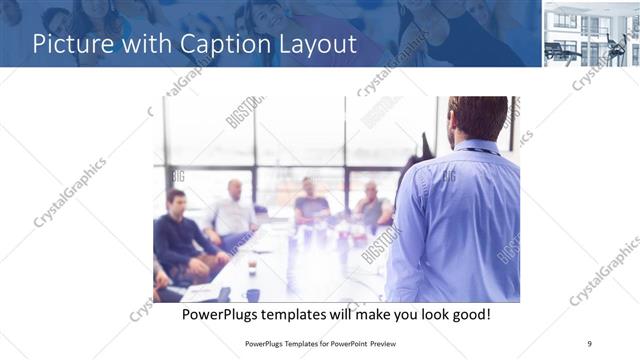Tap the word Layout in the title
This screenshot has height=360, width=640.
point(312,45)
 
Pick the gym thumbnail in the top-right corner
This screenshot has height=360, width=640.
point(591,34)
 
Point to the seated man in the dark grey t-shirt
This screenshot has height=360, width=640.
point(310,204)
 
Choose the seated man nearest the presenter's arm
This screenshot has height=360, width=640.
point(371,206)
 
